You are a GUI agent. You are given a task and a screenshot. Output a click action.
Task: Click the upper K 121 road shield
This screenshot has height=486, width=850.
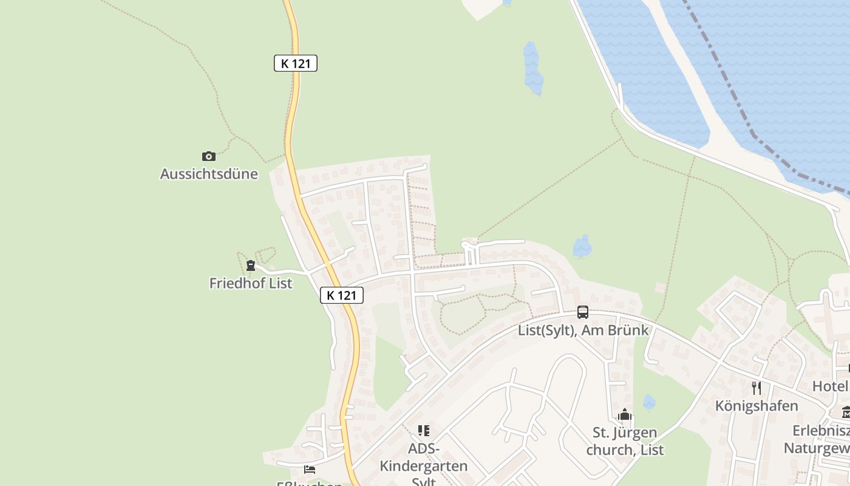pyautogui.click(x=296, y=63)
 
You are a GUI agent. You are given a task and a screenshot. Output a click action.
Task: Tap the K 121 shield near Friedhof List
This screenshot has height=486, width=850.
pyautogui.click(x=342, y=295)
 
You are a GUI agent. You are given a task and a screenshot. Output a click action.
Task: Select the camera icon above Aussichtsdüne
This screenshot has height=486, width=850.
pyautogui.click(x=209, y=156)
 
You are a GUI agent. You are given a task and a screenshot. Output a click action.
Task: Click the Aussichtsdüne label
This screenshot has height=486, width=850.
pyautogui.click(x=209, y=174)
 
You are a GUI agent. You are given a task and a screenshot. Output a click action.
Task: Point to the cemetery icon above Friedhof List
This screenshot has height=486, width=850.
pyautogui.click(x=250, y=265)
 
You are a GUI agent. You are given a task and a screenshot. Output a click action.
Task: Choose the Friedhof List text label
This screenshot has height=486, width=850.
pyautogui.click(x=251, y=283)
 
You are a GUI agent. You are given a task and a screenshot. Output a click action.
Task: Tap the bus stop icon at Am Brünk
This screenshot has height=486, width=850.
pyautogui.click(x=583, y=312)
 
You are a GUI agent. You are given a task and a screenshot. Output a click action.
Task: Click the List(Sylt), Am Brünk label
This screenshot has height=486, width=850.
pyautogui.click(x=583, y=330)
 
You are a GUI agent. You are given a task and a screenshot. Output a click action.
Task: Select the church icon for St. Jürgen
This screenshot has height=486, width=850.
pyautogui.click(x=625, y=415)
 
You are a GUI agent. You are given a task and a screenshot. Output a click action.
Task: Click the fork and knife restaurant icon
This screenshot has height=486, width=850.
pyautogui.click(x=756, y=388)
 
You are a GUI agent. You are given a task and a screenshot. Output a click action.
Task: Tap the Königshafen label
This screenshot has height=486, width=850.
pyautogui.click(x=756, y=406)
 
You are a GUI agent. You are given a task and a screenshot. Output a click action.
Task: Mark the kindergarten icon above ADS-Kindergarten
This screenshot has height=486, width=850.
pyautogui.click(x=424, y=431)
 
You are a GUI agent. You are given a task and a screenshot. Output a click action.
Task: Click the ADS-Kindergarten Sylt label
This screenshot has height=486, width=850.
pyautogui.click(x=424, y=466)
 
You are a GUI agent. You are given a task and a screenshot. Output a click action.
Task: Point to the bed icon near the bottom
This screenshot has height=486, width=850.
pyautogui.click(x=310, y=470)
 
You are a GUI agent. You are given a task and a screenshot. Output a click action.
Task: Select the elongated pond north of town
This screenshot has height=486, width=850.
pyautogui.click(x=532, y=68)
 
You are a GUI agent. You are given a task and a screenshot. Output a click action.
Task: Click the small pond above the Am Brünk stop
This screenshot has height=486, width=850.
pyautogui.click(x=582, y=246)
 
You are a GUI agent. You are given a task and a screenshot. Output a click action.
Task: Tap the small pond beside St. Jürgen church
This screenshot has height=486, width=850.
pyautogui.click(x=649, y=402)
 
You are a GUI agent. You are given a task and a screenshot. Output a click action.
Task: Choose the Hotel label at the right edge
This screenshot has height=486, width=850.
pyautogui.click(x=831, y=386)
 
